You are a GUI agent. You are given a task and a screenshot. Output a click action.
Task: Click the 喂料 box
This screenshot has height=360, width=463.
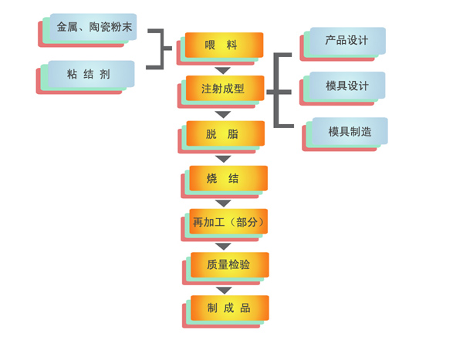224,45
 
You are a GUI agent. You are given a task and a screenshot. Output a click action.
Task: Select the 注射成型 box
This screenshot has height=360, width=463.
225,89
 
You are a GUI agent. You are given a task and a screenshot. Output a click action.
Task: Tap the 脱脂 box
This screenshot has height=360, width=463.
225,133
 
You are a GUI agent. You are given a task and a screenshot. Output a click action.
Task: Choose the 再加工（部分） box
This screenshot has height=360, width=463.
228,222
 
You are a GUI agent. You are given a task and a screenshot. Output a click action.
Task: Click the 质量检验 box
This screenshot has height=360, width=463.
229,265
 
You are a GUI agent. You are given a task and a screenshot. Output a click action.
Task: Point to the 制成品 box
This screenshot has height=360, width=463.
229,308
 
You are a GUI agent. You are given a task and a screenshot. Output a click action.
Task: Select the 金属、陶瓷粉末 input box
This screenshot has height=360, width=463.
93,27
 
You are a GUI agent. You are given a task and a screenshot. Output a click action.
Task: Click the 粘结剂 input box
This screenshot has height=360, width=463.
90,74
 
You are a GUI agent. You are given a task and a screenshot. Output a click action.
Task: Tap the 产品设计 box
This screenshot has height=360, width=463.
346,40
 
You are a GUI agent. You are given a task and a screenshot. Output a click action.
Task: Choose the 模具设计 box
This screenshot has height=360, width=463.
346,86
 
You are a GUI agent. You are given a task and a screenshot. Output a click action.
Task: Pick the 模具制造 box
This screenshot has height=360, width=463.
349,131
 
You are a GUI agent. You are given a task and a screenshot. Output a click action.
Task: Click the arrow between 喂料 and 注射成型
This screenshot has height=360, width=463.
223,70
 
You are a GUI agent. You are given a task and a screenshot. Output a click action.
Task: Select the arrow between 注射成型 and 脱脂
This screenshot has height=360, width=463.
223,114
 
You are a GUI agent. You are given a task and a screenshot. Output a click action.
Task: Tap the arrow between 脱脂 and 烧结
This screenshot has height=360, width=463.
223,159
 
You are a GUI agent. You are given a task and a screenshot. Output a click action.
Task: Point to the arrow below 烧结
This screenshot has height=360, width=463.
223,204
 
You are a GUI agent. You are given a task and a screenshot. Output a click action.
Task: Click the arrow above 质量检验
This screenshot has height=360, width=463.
223,247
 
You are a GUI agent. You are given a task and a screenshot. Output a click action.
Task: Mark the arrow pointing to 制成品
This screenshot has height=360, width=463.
223,291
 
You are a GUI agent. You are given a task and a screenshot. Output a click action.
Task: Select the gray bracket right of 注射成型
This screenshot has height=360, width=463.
279,91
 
